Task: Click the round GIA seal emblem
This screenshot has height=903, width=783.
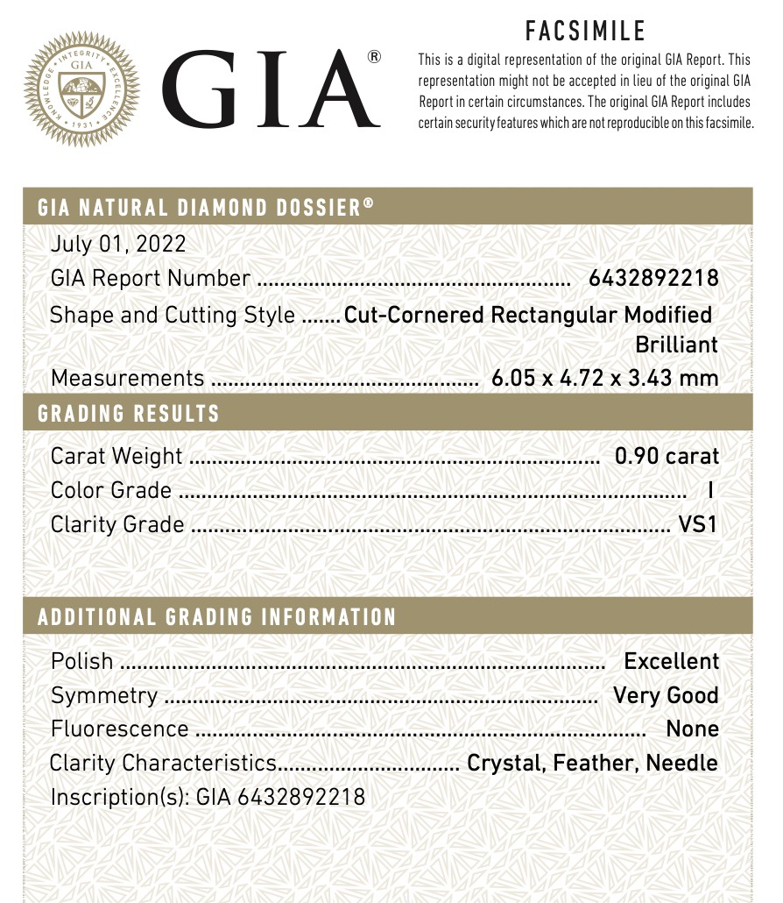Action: (81, 89)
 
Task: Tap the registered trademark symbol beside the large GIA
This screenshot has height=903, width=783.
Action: (374, 58)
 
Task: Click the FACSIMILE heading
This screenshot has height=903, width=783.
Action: (585, 32)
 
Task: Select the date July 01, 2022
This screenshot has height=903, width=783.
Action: (118, 245)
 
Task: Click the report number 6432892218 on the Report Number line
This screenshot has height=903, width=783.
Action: (653, 279)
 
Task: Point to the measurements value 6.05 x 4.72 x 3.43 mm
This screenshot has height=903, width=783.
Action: (605, 378)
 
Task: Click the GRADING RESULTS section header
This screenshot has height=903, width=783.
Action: (128, 414)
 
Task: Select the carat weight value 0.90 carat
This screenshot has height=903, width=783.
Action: (667, 456)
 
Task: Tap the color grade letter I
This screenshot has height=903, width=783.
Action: (709, 490)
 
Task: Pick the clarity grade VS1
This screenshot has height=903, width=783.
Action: (698, 524)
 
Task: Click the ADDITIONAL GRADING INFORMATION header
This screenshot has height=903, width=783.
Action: (217, 617)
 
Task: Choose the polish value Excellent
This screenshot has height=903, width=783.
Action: (671, 661)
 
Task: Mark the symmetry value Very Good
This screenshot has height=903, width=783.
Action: (666, 695)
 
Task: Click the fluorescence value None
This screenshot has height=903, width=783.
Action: (692, 729)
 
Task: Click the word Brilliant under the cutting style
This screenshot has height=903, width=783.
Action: (676, 345)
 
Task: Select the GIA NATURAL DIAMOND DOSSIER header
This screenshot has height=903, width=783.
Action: (206, 208)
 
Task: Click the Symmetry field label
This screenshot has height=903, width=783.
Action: (104, 695)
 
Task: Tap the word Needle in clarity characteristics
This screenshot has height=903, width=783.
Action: (681, 763)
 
